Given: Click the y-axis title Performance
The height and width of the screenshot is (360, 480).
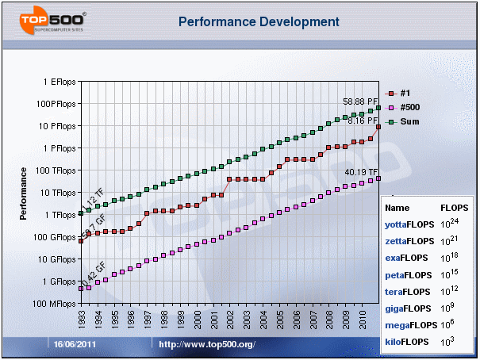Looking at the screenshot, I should tap(24, 193).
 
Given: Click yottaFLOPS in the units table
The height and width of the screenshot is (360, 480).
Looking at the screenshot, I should tap(406, 224).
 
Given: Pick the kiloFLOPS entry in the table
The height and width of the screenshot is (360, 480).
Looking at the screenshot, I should tap(405, 342).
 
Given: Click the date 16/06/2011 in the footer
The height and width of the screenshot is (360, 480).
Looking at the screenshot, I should tap(75, 344).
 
